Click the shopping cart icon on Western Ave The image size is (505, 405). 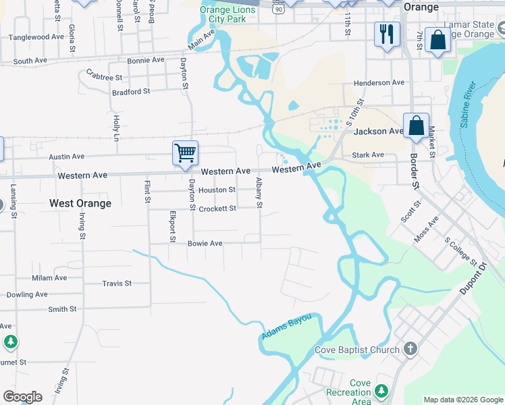tap(185, 152)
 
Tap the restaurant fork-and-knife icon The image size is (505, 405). tap(387, 34)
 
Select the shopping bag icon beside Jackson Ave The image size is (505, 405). tap(417, 126)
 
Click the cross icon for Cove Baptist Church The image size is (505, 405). tap(410, 349)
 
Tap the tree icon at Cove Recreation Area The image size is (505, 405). tap(381, 391)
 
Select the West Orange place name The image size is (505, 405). tap(80, 203)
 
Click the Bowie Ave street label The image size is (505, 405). tap(205, 243)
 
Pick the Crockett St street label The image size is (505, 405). tap(217, 209)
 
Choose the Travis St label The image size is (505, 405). tap(116, 283)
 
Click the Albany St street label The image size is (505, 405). tap(259, 192)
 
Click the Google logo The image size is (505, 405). tap(22, 397)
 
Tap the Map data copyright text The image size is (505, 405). tap(463, 400)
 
